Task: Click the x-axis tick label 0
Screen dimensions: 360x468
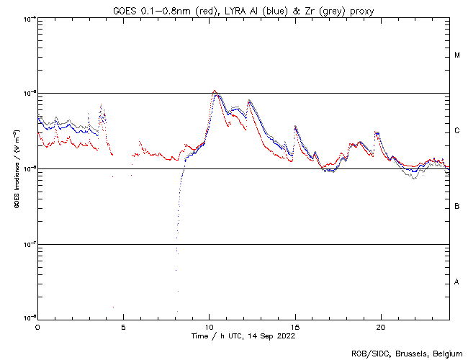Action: [x=37, y=326]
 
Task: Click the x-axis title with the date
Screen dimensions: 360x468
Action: [x=243, y=336]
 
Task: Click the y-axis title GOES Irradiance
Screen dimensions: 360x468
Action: [x=17, y=169]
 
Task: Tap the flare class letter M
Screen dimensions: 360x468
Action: [x=457, y=55]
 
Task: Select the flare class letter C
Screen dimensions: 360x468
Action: [x=457, y=131]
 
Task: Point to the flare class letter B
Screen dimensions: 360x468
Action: [x=457, y=207]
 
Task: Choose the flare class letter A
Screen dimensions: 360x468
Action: [x=457, y=282]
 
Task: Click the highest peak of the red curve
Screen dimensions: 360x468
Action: [x=215, y=91]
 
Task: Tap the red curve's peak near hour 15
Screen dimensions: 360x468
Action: [x=295, y=126]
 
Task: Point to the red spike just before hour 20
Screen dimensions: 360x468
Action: [x=375, y=132]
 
